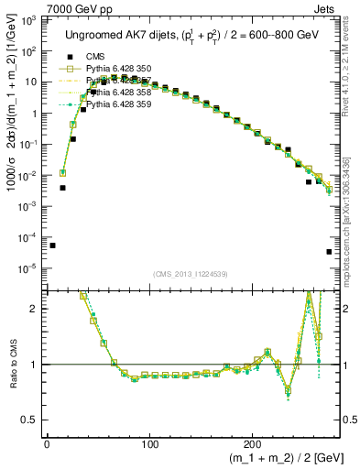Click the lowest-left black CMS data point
(52, 245)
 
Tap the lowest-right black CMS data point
(329, 252)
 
